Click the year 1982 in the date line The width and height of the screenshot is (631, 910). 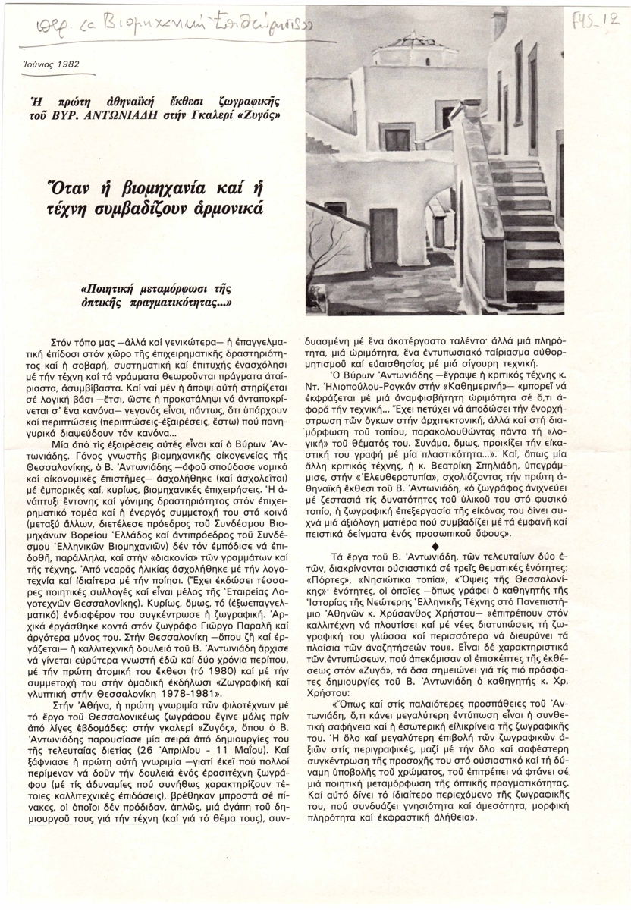(64, 64)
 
